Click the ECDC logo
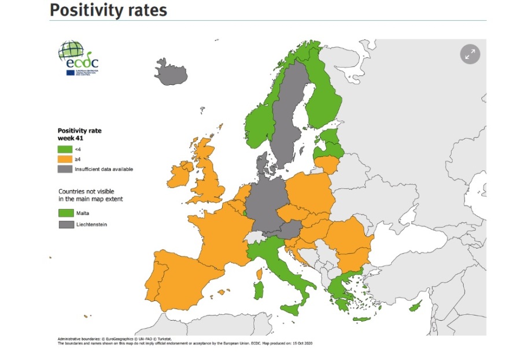(x=78, y=58)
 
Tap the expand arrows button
(x=470, y=54)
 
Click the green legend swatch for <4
(x=65, y=149)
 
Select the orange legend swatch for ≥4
(x=65, y=159)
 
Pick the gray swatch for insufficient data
(x=65, y=169)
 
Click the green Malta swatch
(x=65, y=213)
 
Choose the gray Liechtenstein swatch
(x=65, y=224)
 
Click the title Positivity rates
(x=109, y=10)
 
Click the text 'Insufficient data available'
(x=104, y=169)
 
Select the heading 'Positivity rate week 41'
(x=79, y=135)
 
